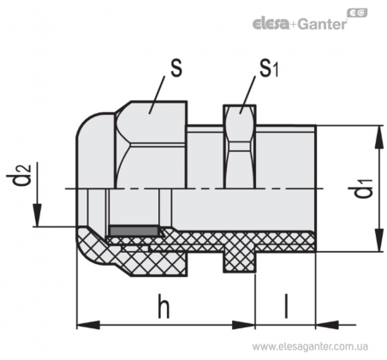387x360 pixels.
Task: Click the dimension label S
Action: click(x=176, y=69)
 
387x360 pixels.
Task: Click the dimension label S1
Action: click(x=269, y=69)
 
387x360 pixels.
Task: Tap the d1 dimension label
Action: click(x=363, y=189)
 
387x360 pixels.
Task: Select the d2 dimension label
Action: click(x=19, y=175)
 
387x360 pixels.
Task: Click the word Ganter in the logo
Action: click(x=323, y=24)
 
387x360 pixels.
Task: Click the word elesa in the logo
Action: click(x=271, y=24)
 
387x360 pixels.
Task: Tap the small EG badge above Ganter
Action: click(x=357, y=13)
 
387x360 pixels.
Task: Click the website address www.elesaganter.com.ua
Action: click(x=310, y=347)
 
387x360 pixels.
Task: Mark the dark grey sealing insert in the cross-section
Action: click(x=134, y=231)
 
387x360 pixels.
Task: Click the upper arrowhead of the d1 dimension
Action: click(x=378, y=136)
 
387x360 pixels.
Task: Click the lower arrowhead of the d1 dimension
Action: click(x=378, y=240)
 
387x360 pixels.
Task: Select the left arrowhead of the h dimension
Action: click(x=88, y=325)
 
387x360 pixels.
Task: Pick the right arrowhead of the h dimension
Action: click(x=243, y=325)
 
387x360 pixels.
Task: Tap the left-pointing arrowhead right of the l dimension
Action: click(x=327, y=325)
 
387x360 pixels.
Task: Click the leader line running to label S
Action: click(x=157, y=95)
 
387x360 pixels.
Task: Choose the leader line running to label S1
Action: click(x=247, y=95)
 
